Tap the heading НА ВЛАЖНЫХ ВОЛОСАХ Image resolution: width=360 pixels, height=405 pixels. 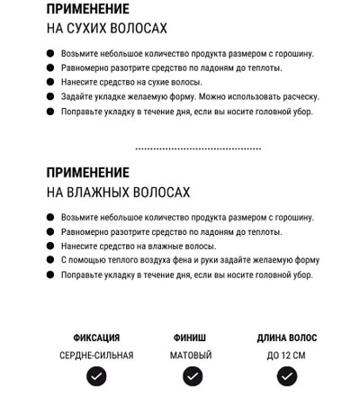(118, 192)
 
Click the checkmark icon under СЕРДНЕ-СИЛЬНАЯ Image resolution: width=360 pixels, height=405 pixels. (96, 377)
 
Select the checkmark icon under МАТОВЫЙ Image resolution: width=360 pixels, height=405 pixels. (191, 377)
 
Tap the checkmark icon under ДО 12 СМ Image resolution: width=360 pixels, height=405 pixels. (286, 377)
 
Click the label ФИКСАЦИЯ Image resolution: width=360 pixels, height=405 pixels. (96, 338)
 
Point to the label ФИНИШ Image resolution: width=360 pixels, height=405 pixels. (191, 338)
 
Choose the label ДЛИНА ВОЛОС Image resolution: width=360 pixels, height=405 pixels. (286, 338)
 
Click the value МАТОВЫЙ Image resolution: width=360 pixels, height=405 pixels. (191, 355)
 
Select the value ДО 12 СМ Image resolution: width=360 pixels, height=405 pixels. (286, 355)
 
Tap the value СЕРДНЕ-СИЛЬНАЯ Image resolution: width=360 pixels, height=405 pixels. (96, 355)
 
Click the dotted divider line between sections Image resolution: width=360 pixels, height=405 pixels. (198, 148)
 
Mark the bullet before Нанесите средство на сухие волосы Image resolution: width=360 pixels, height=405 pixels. (49, 82)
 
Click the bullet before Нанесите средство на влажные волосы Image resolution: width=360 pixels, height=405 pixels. (49, 246)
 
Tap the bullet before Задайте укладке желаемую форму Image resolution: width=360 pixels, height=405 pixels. (49, 96)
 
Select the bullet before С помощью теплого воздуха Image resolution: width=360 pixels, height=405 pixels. (49, 260)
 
